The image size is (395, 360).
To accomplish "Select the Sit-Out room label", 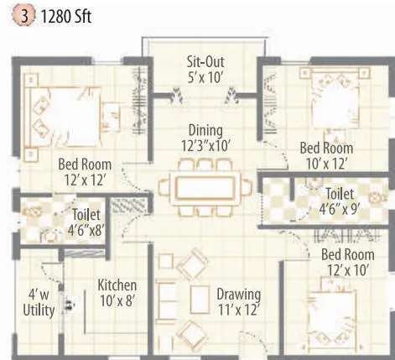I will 205,70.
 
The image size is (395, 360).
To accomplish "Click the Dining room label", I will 205,138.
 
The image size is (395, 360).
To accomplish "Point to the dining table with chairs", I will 205,185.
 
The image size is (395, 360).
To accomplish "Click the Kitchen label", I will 117,292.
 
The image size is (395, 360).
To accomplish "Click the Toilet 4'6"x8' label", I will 87,222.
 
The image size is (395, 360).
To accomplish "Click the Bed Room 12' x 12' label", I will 85,172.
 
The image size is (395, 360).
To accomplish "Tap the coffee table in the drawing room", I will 200,299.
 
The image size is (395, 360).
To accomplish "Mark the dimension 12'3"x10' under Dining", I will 205,146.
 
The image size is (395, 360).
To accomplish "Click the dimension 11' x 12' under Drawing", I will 238,310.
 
